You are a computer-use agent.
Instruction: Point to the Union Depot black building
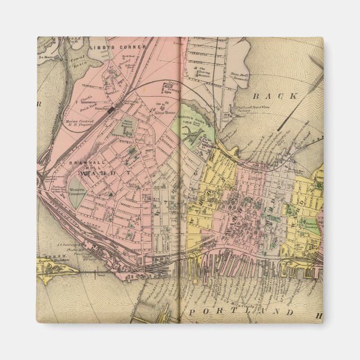pos(112,110)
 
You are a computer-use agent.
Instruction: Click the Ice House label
pos(49,57)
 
